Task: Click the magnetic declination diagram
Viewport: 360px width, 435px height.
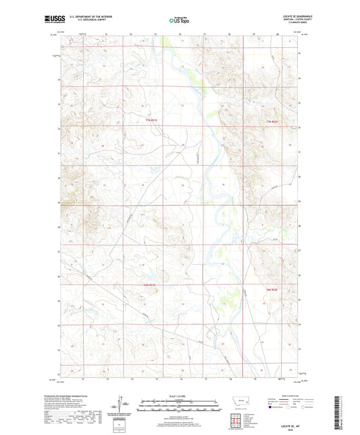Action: [124, 405]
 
